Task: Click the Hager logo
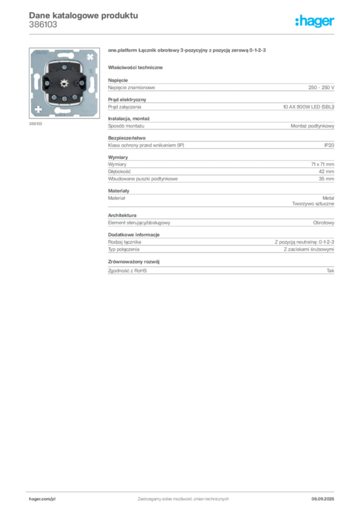point(314,21)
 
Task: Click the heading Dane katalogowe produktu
point(84,15)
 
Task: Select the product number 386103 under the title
point(43,24)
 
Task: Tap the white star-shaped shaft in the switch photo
point(64,83)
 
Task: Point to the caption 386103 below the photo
point(35,124)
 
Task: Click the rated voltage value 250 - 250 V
point(321,87)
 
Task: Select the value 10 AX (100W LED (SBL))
point(308,107)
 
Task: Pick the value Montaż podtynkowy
point(312,126)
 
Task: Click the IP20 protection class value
point(329,145)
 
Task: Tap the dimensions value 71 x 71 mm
point(322,164)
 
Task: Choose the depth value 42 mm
point(326,171)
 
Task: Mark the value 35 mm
point(326,178)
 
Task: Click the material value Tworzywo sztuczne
point(313,204)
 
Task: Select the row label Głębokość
point(119,171)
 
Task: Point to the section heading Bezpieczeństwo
point(127,138)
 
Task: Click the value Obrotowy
point(324,223)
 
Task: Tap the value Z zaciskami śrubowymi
point(309,250)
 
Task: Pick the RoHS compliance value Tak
point(331,270)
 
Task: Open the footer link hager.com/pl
point(42,499)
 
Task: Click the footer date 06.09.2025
point(323,499)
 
